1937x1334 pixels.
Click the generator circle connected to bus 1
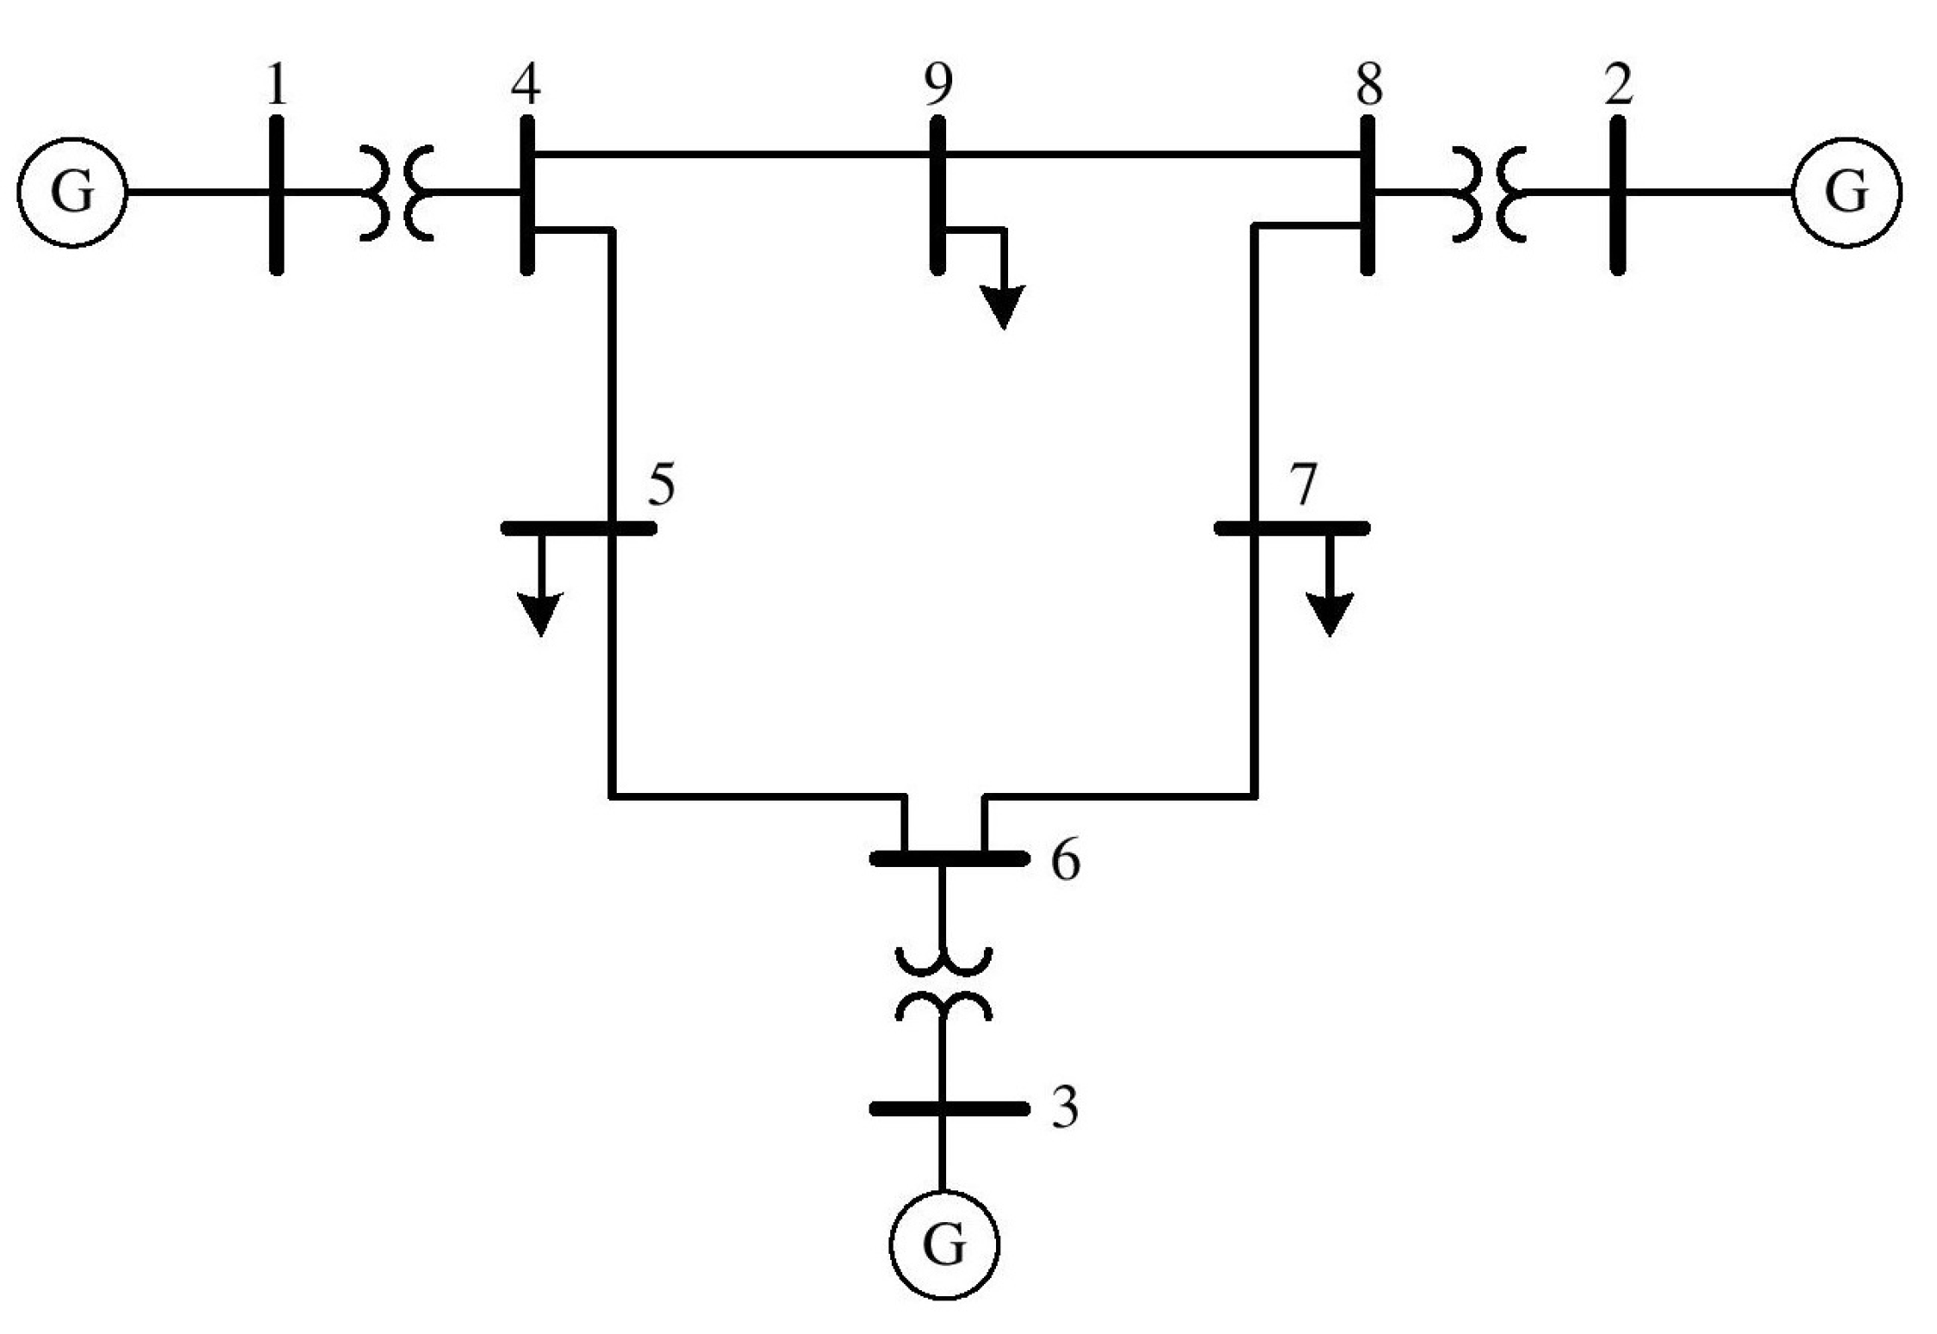click(72, 192)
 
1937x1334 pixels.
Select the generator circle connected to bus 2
click(1847, 192)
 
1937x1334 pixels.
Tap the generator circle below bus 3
click(944, 1244)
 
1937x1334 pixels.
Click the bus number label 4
click(526, 84)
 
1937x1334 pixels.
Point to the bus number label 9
click(938, 84)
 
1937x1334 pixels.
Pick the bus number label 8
click(1368, 84)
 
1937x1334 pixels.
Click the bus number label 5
click(661, 484)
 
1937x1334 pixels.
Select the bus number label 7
click(1304, 484)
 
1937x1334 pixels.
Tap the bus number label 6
click(1066, 861)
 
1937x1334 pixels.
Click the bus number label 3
click(1065, 1108)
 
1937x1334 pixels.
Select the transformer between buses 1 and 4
click(397, 192)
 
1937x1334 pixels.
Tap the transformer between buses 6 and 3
click(944, 985)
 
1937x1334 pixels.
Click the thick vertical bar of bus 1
click(276, 195)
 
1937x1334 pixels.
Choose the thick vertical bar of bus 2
click(1617, 195)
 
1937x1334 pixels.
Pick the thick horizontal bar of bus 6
click(949, 858)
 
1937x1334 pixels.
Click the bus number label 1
click(276, 84)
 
